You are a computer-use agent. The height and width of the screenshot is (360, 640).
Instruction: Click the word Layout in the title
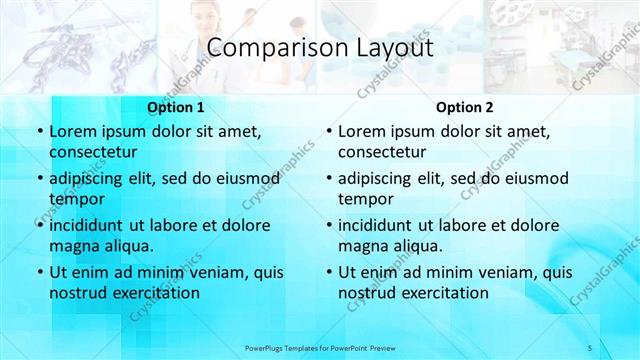394,48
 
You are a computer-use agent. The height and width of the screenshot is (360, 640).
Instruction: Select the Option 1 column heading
176,107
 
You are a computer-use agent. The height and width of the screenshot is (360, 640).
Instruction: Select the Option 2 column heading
464,107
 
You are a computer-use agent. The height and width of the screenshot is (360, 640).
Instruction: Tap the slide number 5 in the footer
591,346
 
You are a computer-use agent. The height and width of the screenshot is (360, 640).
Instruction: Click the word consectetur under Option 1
93,153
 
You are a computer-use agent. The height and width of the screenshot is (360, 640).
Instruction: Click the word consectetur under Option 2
382,153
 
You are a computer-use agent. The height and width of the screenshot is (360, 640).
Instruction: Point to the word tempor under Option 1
73,199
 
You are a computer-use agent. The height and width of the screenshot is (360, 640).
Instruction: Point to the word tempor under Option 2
362,199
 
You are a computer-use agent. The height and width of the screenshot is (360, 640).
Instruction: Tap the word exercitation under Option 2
443,293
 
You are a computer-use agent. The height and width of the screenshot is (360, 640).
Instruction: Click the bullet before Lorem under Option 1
39,131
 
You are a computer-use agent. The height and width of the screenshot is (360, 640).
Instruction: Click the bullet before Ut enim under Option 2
328,271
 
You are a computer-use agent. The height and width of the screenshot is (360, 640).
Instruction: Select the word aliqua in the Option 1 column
125,245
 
